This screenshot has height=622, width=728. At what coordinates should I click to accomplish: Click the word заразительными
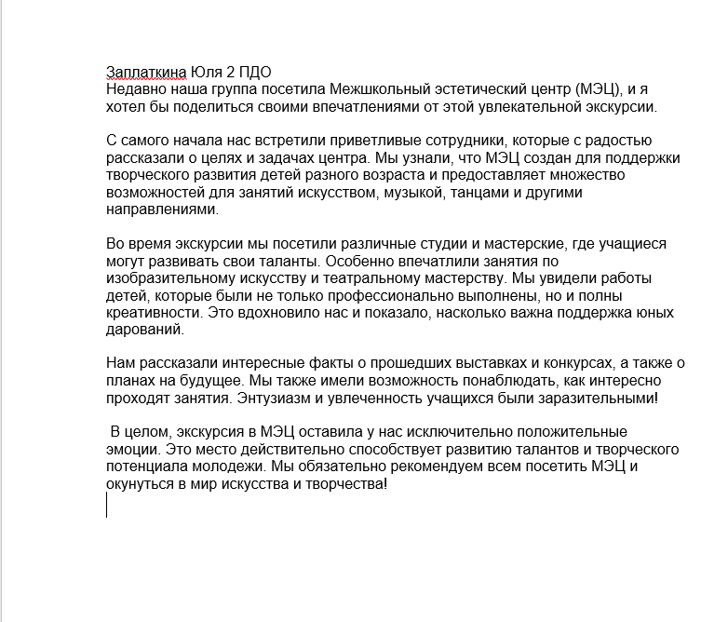click(596, 399)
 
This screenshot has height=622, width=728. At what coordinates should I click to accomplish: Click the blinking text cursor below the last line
click(107, 505)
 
